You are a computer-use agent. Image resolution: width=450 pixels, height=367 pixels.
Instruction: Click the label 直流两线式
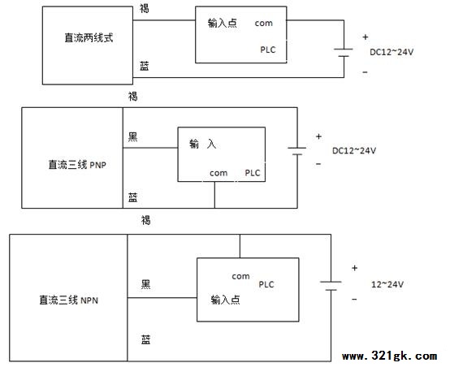(89, 37)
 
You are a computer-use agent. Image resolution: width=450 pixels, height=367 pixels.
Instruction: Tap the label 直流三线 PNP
(77, 165)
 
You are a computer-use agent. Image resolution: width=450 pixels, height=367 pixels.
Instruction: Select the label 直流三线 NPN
(68, 300)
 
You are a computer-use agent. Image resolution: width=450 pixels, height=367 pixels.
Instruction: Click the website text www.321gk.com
(389, 356)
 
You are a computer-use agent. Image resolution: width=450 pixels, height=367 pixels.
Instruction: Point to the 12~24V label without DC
(387, 284)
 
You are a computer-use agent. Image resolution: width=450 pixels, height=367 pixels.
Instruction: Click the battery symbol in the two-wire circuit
(344, 53)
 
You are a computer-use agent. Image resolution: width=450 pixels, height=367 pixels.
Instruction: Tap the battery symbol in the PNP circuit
(297, 151)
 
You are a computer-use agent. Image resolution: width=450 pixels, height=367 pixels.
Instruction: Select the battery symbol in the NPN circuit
(331, 286)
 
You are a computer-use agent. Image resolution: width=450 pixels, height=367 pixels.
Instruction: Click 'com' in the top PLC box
(264, 23)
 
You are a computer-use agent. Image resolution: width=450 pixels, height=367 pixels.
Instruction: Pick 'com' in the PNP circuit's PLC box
(219, 173)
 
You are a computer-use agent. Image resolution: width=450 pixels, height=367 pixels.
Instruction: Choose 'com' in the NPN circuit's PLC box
(240, 276)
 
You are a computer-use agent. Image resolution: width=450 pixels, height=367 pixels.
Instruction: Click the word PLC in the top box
(268, 50)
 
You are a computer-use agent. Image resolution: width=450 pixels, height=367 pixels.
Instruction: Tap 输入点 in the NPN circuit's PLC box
(225, 300)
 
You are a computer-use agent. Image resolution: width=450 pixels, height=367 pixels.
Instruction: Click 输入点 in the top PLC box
(223, 23)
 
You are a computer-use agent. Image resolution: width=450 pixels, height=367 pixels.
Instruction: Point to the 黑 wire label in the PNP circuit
(132, 137)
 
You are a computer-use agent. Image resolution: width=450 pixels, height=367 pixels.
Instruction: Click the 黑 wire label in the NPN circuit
(145, 284)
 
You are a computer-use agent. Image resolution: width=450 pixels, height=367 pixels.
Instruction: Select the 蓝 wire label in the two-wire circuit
(145, 66)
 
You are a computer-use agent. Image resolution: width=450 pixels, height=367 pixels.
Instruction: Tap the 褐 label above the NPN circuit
(145, 220)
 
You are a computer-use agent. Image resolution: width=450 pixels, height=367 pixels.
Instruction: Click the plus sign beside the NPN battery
(355, 268)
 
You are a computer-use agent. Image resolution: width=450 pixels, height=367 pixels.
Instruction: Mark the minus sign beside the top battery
(365, 72)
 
